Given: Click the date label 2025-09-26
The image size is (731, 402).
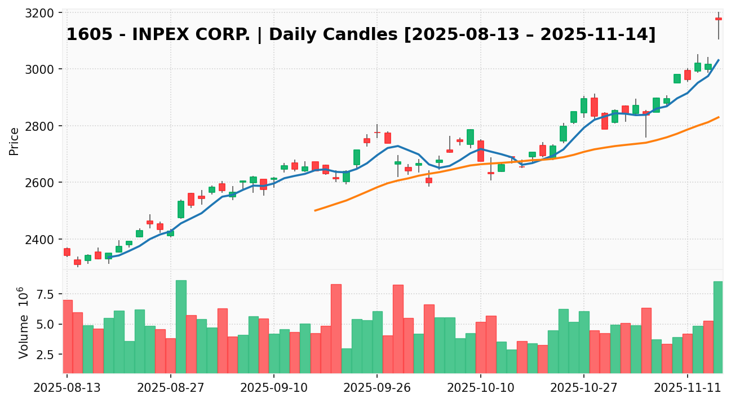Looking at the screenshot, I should tap(377, 388).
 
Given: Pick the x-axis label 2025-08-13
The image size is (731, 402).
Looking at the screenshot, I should tap(67, 388).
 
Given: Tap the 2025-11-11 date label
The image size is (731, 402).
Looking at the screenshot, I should tap(688, 388).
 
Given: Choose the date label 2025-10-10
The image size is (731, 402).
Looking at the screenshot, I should tap(481, 388).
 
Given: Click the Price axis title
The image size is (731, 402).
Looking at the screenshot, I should tap(15, 141).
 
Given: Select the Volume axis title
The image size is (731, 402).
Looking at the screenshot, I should tap(23, 323).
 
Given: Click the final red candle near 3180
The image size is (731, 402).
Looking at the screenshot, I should tap(719, 19).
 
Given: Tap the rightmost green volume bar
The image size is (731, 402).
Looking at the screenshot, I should tap(718, 327).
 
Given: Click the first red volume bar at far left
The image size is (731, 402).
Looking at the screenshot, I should tap(68, 336).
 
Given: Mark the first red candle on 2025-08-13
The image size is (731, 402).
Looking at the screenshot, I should tap(67, 252).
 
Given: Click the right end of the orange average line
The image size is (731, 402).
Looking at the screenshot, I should tap(719, 117).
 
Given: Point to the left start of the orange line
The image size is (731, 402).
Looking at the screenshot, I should tap(315, 210).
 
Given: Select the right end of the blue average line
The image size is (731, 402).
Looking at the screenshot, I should tap(719, 60).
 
